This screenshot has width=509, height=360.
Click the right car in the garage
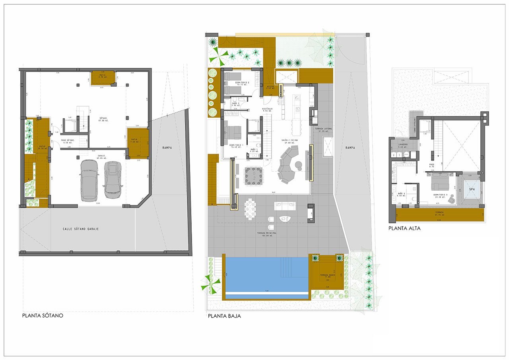pos(113,179)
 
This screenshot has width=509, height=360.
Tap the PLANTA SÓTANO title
pos(43,316)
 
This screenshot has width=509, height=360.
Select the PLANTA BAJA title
pos(224,317)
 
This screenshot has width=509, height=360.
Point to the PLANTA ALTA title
pos(404,228)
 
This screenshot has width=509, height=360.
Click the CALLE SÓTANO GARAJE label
pos(81,229)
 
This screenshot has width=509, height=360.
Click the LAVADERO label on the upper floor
pos(402,145)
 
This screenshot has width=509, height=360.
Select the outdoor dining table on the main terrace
pos(251,208)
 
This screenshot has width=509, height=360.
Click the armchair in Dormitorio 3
pos(451,199)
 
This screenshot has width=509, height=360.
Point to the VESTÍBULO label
pos(267,109)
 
